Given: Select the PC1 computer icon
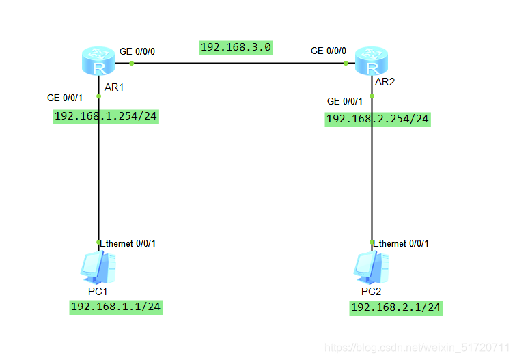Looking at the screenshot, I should pos(98,267).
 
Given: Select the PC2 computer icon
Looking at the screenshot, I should pos(372,267).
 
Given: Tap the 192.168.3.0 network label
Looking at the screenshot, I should pos(236,47).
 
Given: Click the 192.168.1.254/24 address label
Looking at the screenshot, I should pos(106,116).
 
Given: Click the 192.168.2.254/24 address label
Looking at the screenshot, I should pos(378,119).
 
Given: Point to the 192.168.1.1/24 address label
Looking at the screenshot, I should pos(115,307).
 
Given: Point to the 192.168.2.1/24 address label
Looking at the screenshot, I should pos(395,308).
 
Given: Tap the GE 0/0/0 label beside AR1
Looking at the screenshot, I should pos(137,51).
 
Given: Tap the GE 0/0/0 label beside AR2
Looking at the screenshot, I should pos(329,51).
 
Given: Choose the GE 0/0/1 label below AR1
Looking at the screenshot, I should pos(64,98).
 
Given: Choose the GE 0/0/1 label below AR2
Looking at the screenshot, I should pos(345,101).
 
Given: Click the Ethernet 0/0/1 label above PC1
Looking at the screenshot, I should pos(130,243).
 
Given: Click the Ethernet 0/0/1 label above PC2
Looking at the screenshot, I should pos(402,243).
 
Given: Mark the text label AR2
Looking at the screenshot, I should pos(386,82).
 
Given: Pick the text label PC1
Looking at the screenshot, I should pos(98,291).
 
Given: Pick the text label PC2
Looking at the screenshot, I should pos(372,292).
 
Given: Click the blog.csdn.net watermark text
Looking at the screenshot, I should pos(417,348).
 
